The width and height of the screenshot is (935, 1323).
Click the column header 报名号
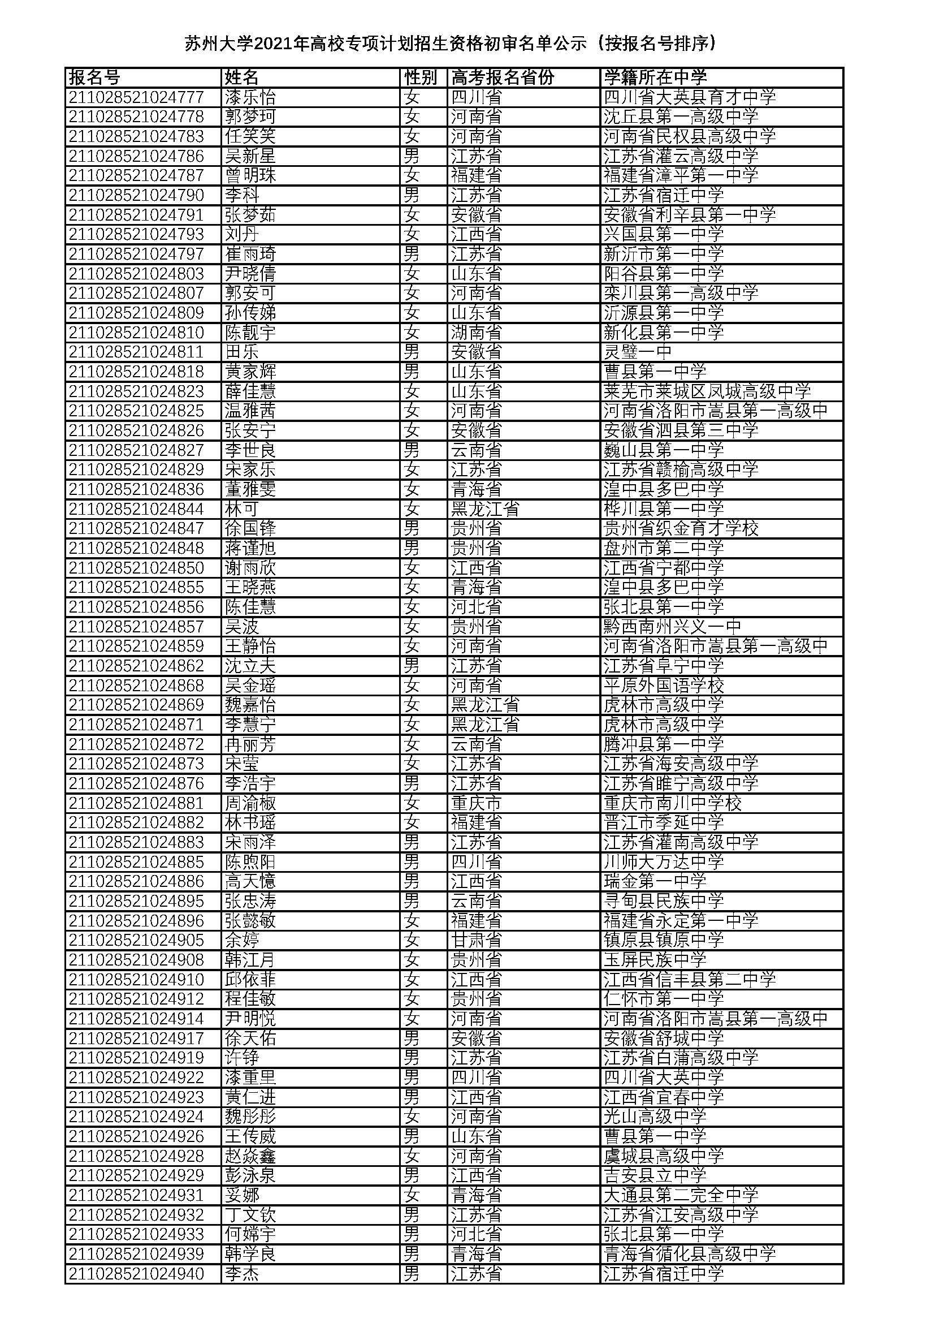pos(94,77)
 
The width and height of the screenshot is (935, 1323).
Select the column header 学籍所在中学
pos(655,77)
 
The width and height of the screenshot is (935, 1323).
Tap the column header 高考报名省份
pos(502,77)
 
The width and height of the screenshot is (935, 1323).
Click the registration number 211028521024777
pos(136,97)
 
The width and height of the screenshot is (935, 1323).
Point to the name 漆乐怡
pos(250,97)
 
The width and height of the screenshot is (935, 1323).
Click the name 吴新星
pos(250,156)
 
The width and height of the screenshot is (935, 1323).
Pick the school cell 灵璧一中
pos(637,351)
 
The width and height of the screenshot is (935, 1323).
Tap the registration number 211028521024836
pos(136,489)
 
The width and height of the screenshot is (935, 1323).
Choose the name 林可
pos(241,509)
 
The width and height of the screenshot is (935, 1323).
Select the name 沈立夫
pos(250,666)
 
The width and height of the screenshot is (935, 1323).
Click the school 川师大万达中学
pos(663,861)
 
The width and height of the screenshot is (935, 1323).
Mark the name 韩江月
pos(250,959)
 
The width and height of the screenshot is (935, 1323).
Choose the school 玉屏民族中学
pos(655,959)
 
